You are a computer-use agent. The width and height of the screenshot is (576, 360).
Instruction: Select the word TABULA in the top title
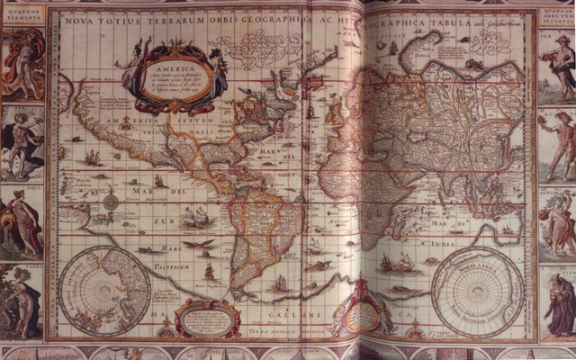pyautogui.click(x=436, y=15)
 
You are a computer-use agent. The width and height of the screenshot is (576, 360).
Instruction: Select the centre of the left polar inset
pyautogui.click(x=106, y=290)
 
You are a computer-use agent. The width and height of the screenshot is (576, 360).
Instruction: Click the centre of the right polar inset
pyautogui.click(x=477, y=292)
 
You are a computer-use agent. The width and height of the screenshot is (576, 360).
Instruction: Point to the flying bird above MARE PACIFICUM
pyautogui.click(x=193, y=243)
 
